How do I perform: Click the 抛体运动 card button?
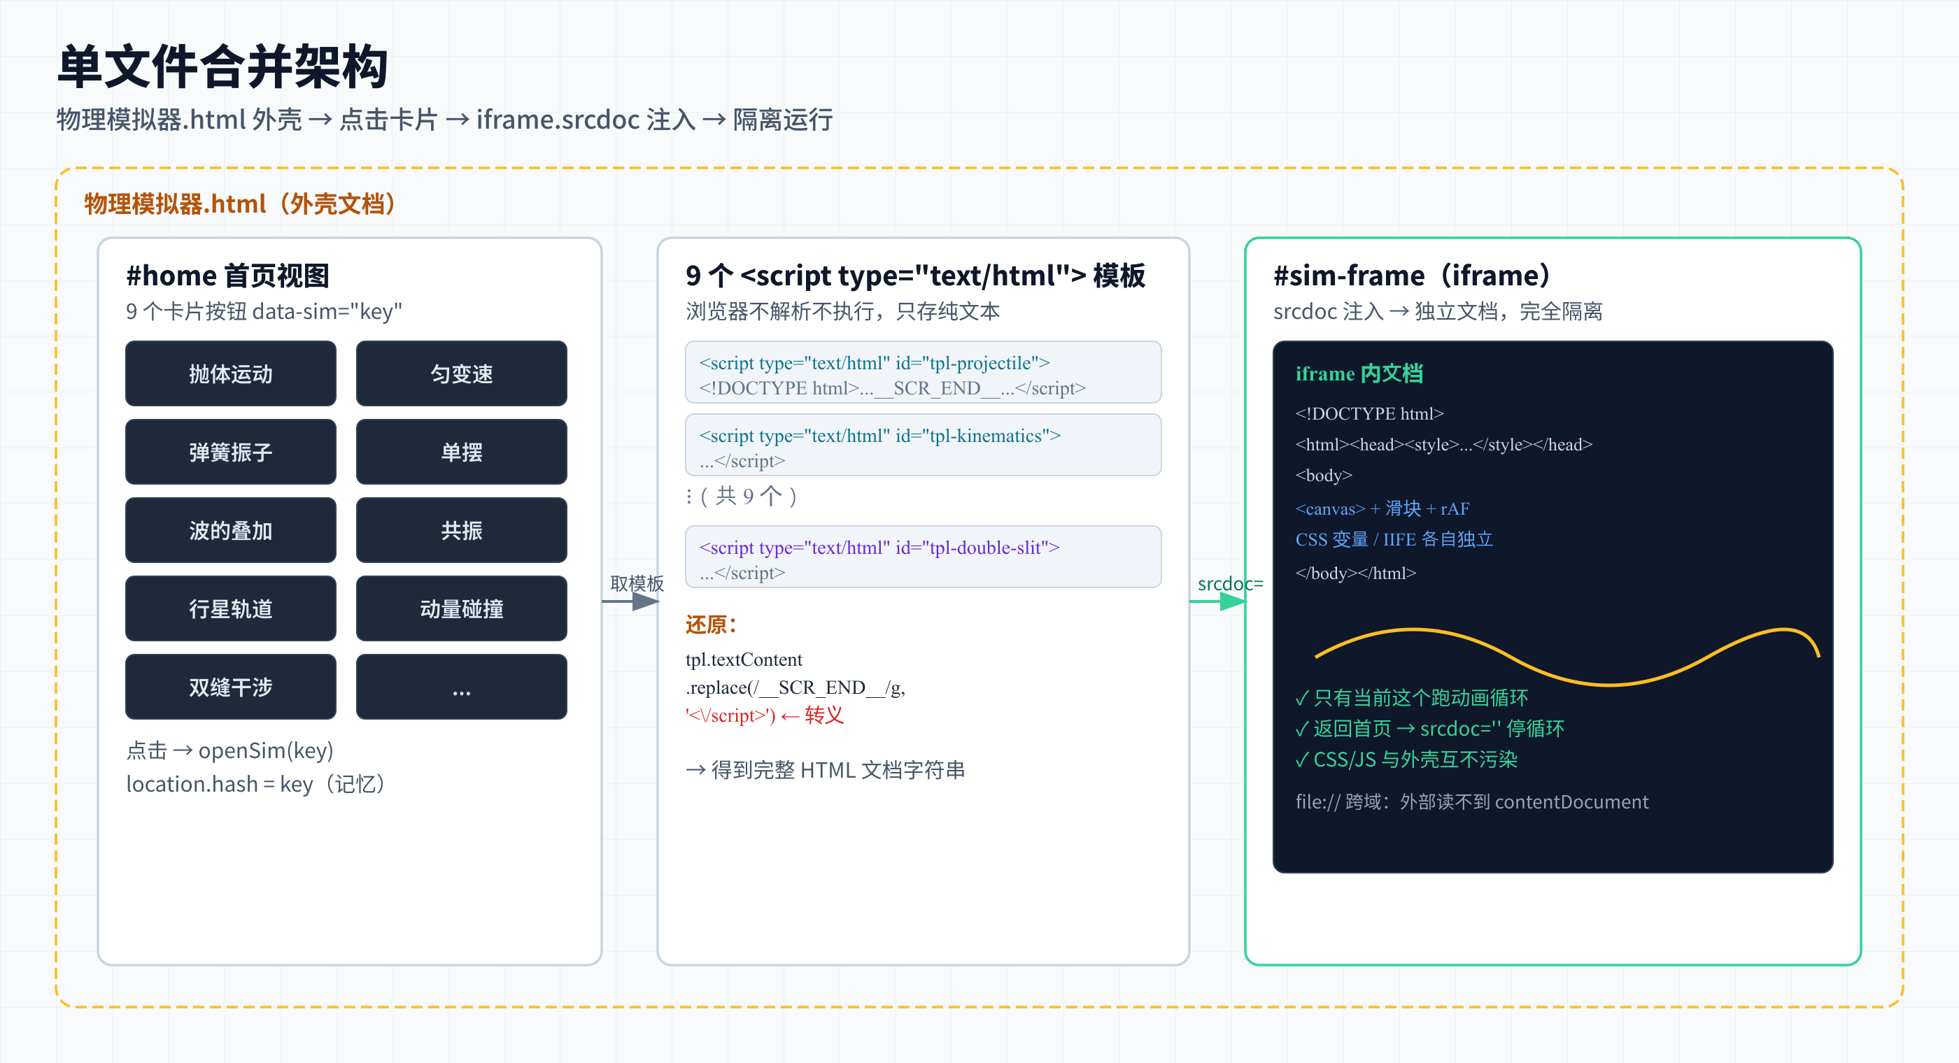point(230,373)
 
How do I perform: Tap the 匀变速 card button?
point(462,373)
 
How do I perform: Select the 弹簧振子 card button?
point(230,452)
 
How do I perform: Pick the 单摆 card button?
point(462,452)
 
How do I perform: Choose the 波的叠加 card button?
point(230,530)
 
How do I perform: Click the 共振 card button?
point(462,530)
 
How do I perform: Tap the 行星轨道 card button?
point(230,608)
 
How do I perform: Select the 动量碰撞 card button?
point(462,608)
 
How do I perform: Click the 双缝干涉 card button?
point(230,687)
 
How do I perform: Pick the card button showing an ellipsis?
point(462,687)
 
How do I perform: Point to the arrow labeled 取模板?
point(630,601)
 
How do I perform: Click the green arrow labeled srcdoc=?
point(1217,601)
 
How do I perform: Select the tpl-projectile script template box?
point(924,372)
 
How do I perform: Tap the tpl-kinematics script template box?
point(924,445)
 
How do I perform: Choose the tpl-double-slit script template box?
point(924,557)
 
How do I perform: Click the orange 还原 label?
point(711,625)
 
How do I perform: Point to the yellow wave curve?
point(1567,657)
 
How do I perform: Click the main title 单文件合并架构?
point(222,66)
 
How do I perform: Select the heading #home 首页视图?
point(227,276)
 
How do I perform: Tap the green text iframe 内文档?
point(1359,373)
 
